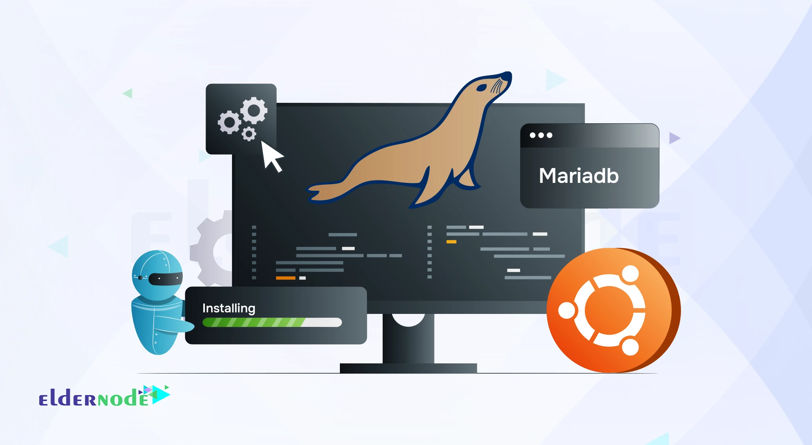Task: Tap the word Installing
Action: (x=228, y=308)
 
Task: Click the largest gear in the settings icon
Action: (x=254, y=110)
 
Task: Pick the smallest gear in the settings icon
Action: (x=248, y=134)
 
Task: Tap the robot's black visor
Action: (x=165, y=278)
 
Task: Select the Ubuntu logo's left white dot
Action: (x=566, y=310)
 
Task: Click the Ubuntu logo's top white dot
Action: (x=630, y=274)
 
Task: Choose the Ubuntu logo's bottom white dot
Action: (x=630, y=347)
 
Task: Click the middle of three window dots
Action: (x=541, y=135)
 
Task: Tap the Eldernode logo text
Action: (x=94, y=398)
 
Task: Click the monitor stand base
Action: (x=408, y=368)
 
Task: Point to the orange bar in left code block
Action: (x=285, y=278)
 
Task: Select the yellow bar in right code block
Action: (x=451, y=242)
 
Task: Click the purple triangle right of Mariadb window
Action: (x=674, y=138)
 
